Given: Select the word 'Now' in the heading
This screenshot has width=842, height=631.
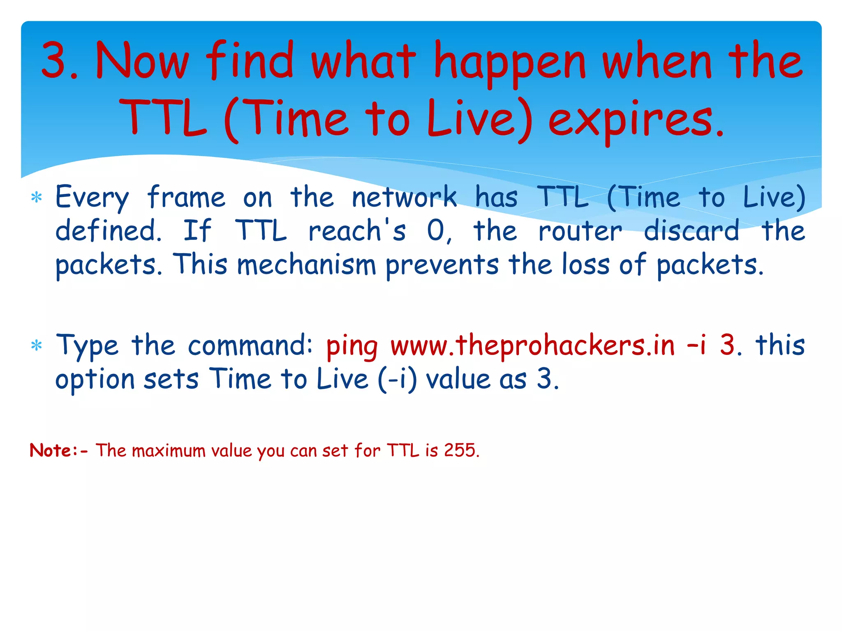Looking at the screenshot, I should [x=142, y=61].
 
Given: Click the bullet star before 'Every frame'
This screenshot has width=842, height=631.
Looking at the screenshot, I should [x=37, y=198].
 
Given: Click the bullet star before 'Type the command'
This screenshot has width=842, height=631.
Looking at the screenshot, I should [x=37, y=345].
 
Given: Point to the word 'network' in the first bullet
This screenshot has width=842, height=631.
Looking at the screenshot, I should [x=404, y=197].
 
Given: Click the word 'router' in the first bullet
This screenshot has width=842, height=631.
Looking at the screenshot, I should [x=580, y=231].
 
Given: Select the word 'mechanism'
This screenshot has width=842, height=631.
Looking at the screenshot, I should [x=307, y=264].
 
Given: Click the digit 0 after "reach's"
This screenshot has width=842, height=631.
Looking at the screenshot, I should [x=436, y=230].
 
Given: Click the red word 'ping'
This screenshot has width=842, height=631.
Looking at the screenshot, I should [x=352, y=346].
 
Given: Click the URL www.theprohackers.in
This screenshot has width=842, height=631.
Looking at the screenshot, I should [x=532, y=345].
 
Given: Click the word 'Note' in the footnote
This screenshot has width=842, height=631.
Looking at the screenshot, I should [x=51, y=450].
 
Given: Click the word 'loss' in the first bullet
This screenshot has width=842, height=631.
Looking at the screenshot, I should [x=586, y=264].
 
